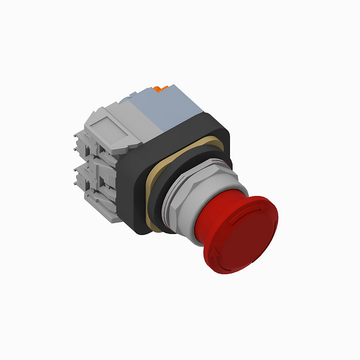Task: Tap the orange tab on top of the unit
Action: coord(161,89)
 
